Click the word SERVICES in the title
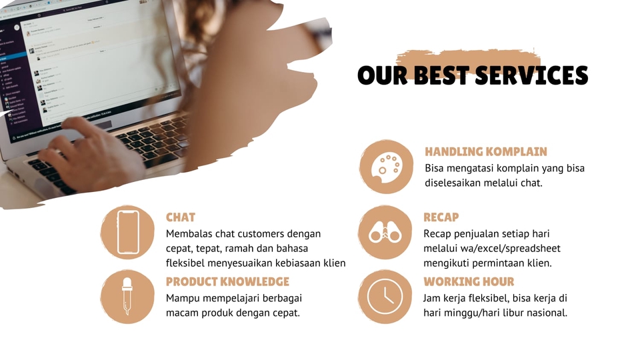(533, 75)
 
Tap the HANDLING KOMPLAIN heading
(485, 151)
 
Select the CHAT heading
(180, 217)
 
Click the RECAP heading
(441, 217)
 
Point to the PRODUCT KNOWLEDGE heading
(227, 281)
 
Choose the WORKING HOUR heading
(469, 281)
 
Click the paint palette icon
(386, 166)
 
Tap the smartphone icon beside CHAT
(128, 232)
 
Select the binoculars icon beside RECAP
(385, 233)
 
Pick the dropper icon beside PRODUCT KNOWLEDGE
(128, 297)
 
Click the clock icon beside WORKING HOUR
(385, 296)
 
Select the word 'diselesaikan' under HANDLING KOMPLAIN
(457, 183)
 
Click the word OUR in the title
(383, 75)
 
